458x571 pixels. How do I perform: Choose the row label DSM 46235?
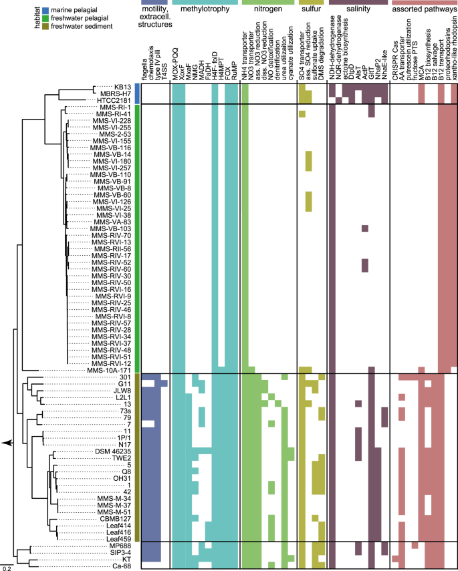pos(113,451)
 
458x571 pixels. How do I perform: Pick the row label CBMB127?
pos(114,519)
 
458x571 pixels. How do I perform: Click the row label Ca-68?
pos(120,566)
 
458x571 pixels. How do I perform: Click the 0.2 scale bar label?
pos(5,568)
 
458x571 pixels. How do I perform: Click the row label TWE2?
pos(120,458)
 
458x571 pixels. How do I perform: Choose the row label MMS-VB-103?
pos(112,228)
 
